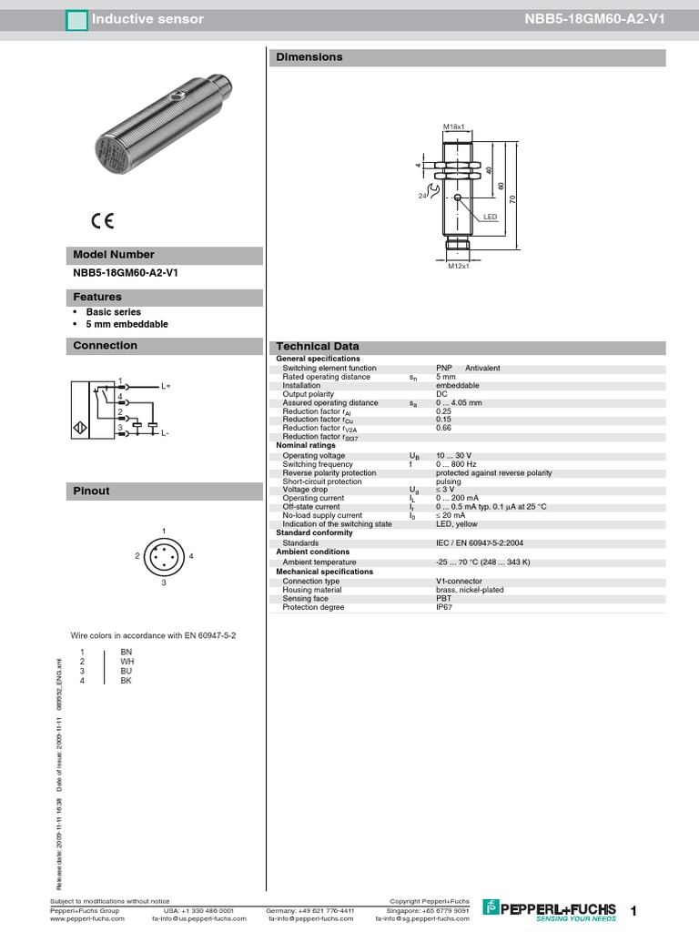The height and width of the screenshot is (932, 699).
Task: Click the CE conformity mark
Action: tap(102, 218)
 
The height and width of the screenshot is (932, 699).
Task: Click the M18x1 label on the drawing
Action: tap(454, 127)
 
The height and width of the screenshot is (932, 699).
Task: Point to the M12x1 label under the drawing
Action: tap(457, 266)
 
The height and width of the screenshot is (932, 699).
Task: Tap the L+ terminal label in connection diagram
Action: tap(167, 386)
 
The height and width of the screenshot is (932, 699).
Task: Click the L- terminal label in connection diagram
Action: tap(166, 433)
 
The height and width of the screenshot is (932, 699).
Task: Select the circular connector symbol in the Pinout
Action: tap(164, 555)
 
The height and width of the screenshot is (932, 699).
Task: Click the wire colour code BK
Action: tap(126, 681)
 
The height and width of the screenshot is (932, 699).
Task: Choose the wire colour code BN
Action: tap(126, 653)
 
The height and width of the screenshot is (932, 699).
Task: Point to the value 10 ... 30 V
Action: tap(454, 455)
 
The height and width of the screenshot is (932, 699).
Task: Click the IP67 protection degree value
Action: tap(443, 607)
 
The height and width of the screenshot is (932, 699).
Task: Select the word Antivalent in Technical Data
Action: tap(482, 368)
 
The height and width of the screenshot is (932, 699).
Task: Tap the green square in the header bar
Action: tap(76, 18)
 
